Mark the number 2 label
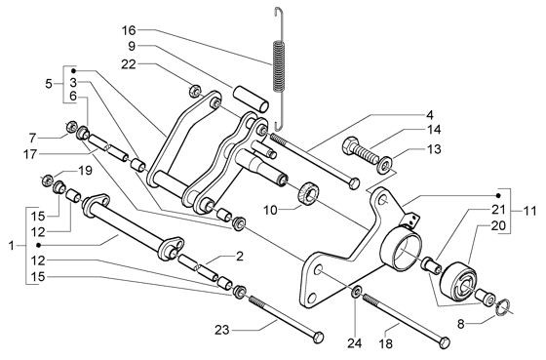(x=238, y=256)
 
